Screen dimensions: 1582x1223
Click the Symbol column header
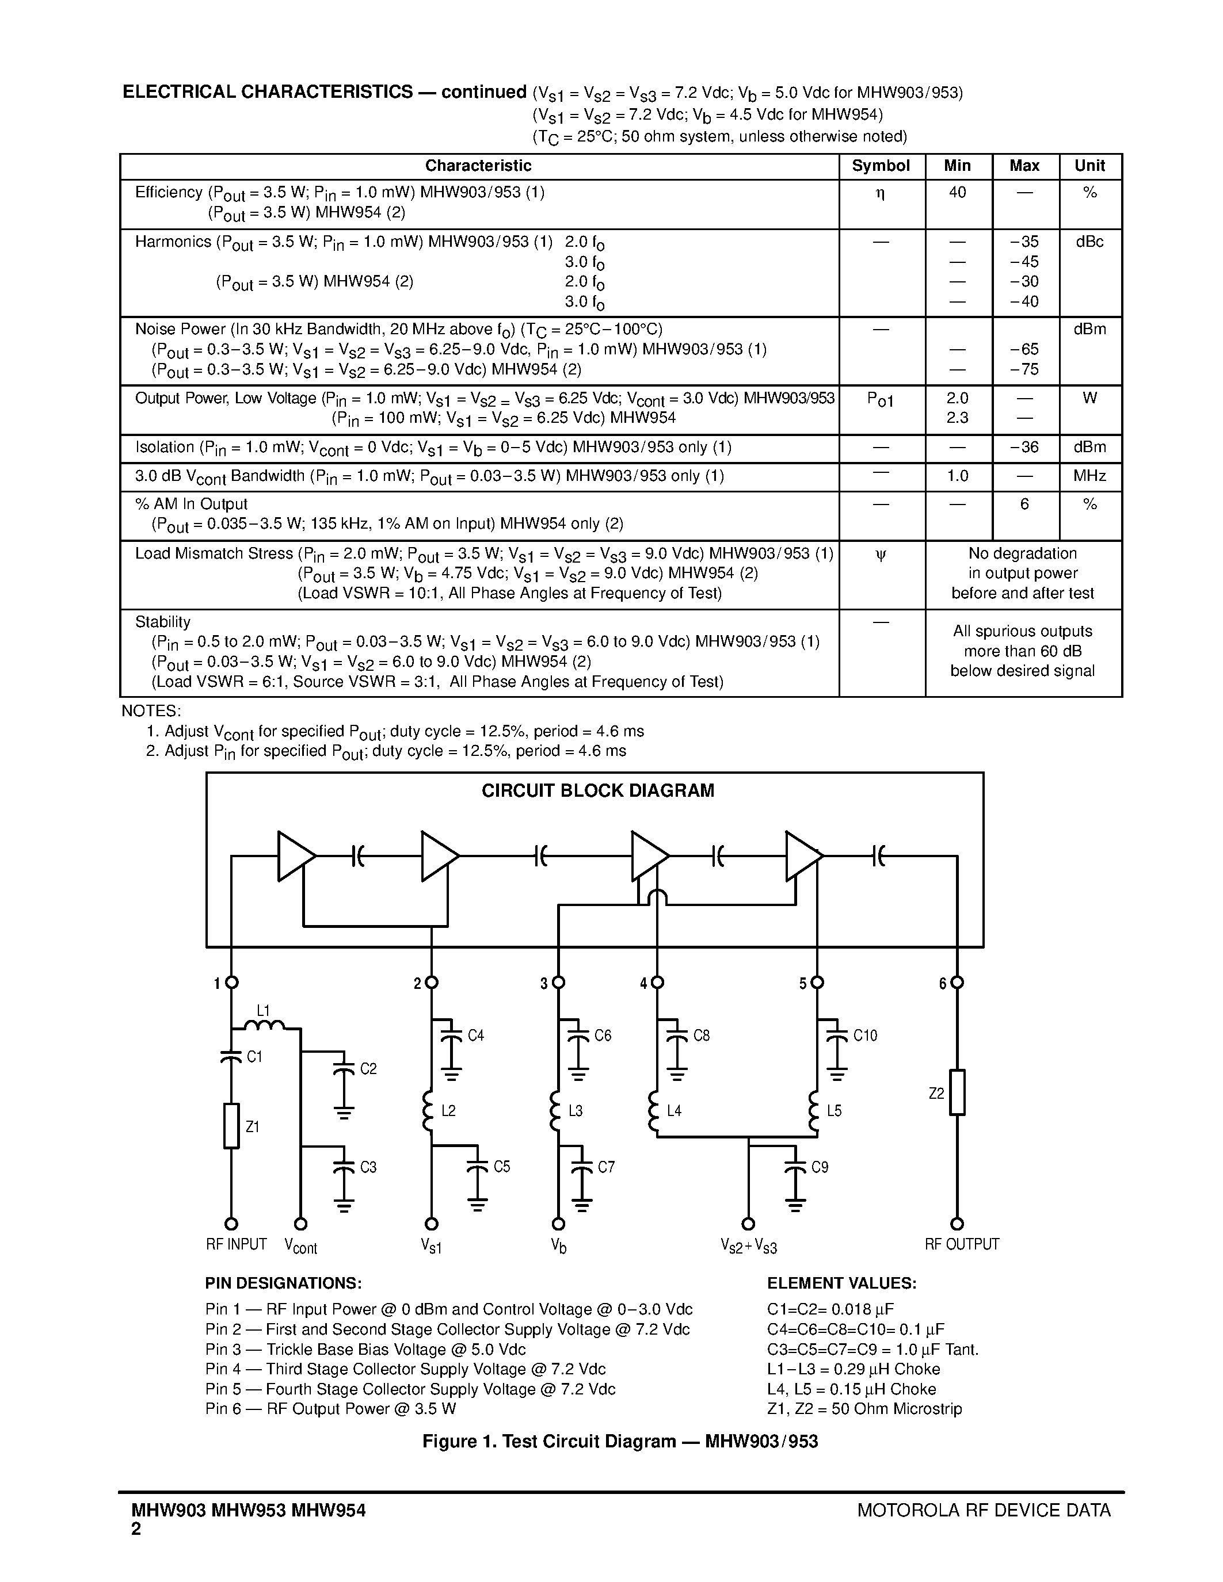pyautogui.click(x=881, y=166)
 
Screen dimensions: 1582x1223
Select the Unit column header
pyautogui.click(x=1089, y=166)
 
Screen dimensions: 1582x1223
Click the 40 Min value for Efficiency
pyautogui.click(x=957, y=193)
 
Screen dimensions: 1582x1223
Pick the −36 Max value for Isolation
pyautogui.click(x=1024, y=448)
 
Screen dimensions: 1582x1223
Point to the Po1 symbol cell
pyautogui.click(x=881, y=399)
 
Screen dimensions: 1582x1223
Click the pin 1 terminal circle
pyautogui.click(x=232, y=983)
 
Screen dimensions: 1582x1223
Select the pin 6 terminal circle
pyautogui.click(x=957, y=983)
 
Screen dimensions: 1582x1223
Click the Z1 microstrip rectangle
pyautogui.click(x=231, y=1126)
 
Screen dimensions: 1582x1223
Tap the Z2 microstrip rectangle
pyautogui.click(x=957, y=1092)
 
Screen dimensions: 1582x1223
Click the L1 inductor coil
pyautogui.click(x=264, y=1026)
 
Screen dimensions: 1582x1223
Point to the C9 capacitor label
pyautogui.click(x=820, y=1167)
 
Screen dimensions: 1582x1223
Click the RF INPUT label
pyautogui.click(x=236, y=1244)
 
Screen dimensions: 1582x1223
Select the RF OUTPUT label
pyautogui.click(x=962, y=1244)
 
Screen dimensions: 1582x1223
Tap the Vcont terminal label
pyautogui.click(x=300, y=1246)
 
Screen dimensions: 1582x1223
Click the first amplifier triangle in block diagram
pyautogui.click(x=294, y=856)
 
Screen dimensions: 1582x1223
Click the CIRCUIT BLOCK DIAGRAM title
pyautogui.click(x=598, y=790)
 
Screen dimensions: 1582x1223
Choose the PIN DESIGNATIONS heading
pyautogui.click(x=283, y=1283)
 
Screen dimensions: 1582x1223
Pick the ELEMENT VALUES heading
pyautogui.click(x=842, y=1283)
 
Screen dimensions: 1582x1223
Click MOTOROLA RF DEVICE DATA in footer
pyautogui.click(x=983, y=1510)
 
